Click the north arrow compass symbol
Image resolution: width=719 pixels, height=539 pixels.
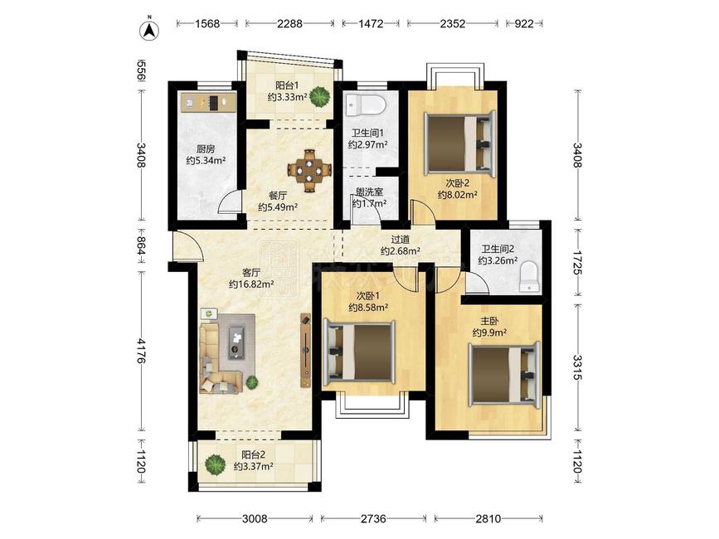tap(148, 29)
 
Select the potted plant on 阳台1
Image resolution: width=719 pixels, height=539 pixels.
tap(319, 97)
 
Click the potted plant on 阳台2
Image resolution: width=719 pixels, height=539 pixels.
tap(215, 464)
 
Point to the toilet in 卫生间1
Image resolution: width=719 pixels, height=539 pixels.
tap(366, 105)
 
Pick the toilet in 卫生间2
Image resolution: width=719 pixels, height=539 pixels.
tap(529, 276)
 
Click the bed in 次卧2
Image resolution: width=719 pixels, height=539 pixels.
tap(460, 143)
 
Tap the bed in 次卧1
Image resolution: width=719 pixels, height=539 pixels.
tap(359, 352)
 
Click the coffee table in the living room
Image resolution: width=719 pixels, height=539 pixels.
tap(236, 342)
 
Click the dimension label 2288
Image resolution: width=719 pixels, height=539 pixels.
tap(289, 24)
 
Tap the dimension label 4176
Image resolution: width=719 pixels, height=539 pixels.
tap(142, 351)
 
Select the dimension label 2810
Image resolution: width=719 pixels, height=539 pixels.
tap(488, 519)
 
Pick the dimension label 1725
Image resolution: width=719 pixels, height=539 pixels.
tap(577, 263)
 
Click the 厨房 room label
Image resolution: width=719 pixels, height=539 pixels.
tap(206, 149)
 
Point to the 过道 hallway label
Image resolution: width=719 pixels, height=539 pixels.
tap(401, 240)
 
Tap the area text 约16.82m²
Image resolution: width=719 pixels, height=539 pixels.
tap(251, 284)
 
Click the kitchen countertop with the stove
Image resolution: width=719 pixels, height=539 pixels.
tap(208, 102)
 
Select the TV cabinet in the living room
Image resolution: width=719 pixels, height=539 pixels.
tap(305, 351)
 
